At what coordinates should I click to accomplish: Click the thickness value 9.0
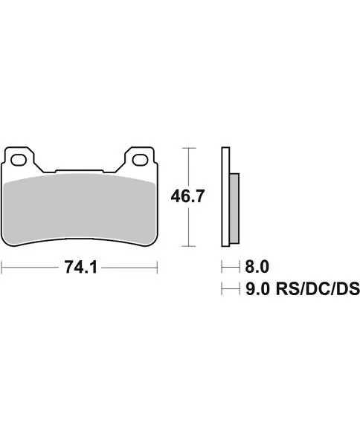click(257, 288)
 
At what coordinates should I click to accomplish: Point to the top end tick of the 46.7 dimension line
click(190, 148)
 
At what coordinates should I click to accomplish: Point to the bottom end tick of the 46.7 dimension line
click(190, 246)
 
